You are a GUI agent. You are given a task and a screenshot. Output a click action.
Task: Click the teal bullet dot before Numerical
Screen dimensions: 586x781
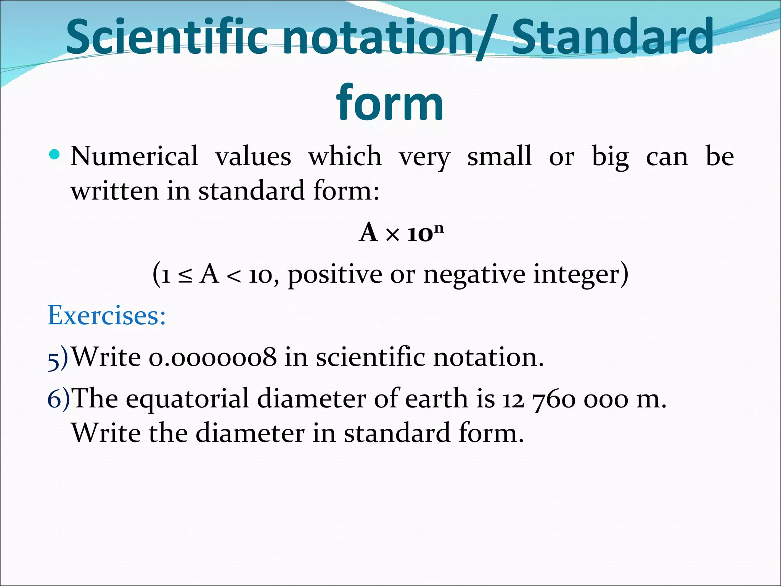55,155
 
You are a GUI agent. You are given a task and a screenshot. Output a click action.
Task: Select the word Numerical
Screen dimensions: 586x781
134,156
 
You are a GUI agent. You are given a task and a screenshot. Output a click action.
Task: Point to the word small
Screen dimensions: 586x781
499,156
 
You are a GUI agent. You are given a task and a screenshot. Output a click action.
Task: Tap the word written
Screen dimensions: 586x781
114,191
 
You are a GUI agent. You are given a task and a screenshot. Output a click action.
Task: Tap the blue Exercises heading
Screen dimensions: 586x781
107,316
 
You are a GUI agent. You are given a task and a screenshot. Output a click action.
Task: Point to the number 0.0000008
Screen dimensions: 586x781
212,358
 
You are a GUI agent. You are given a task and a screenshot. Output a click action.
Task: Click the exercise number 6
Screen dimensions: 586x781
54,399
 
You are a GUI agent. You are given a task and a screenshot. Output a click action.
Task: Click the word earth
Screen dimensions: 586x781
436,399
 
